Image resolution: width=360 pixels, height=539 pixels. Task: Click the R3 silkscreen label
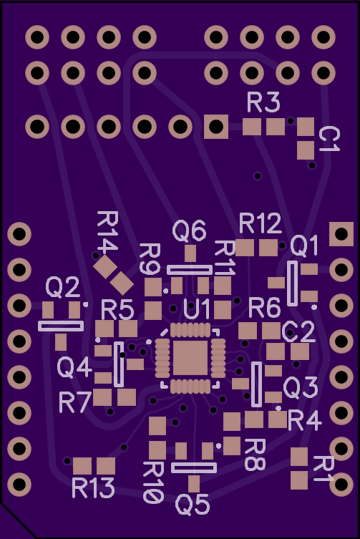coord(263,102)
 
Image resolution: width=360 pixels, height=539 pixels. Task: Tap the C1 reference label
coord(329,139)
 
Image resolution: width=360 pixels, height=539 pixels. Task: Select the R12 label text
coord(261,223)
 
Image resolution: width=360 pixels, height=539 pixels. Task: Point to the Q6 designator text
coord(189,230)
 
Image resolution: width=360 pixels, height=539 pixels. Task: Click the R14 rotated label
coord(107,231)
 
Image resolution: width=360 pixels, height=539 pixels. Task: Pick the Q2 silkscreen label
coord(63,287)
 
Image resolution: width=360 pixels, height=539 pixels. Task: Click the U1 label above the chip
coord(197,309)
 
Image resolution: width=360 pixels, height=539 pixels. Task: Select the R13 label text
coord(93,487)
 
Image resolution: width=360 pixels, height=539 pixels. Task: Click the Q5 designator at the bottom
coord(193,505)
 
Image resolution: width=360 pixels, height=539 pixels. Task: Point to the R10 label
coord(153,482)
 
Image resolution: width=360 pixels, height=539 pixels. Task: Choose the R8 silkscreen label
coord(255,455)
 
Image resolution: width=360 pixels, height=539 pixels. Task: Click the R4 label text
coord(305,420)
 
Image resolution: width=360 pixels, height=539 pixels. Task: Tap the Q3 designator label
coord(301,387)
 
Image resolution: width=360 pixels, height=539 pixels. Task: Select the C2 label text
coord(298,331)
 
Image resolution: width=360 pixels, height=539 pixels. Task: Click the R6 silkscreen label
coord(264,308)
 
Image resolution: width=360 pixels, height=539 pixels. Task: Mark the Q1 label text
coord(304,246)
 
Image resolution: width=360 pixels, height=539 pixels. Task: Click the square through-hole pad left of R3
coord(216,127)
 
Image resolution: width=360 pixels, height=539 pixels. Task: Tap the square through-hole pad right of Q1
coord(341,234)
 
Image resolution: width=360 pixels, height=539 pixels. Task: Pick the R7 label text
coord(75,402)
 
